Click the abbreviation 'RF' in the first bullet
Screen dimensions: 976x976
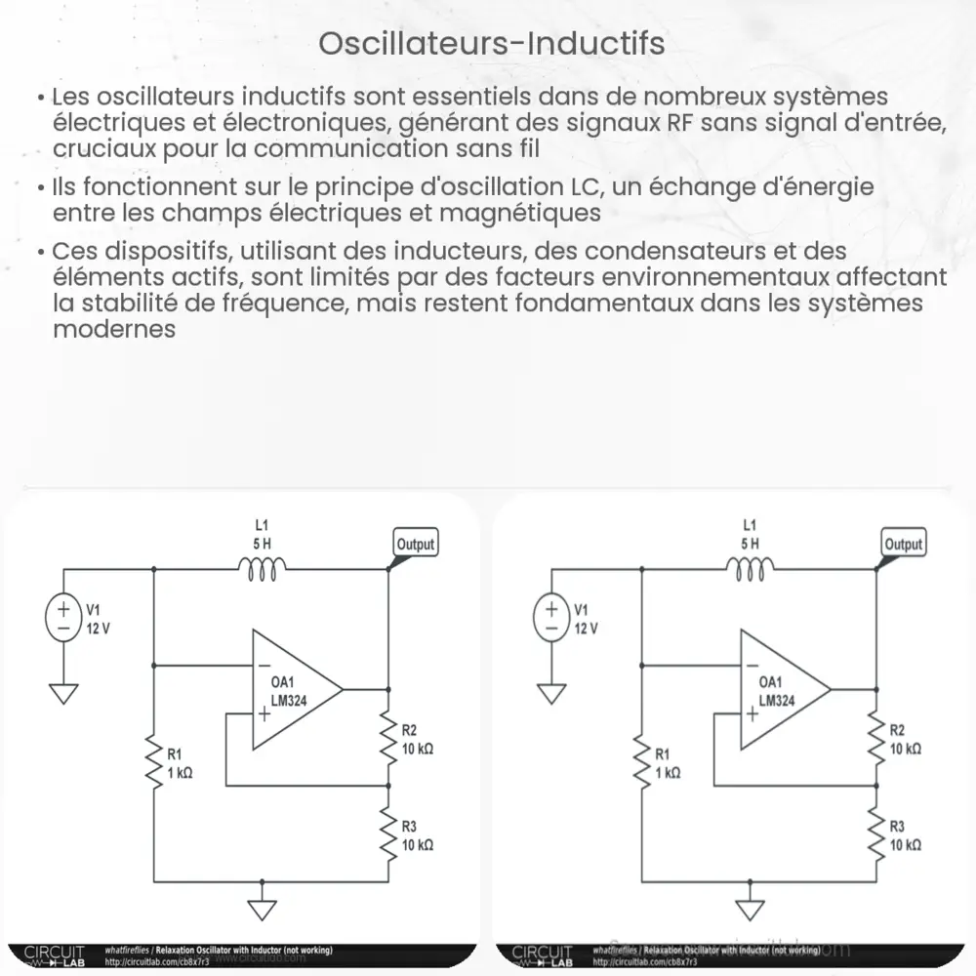(x=682, y=124)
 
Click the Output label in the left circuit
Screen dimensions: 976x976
(x=415, y=544)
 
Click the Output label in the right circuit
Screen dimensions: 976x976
(x=903, y=544)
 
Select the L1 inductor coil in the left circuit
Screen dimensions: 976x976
(x=262, y=569)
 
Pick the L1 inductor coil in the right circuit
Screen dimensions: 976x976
(x=750, y=569)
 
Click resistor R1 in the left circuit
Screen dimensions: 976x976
(x=154, y=761)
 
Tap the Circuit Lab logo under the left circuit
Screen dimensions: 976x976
(x=55, y=953)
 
